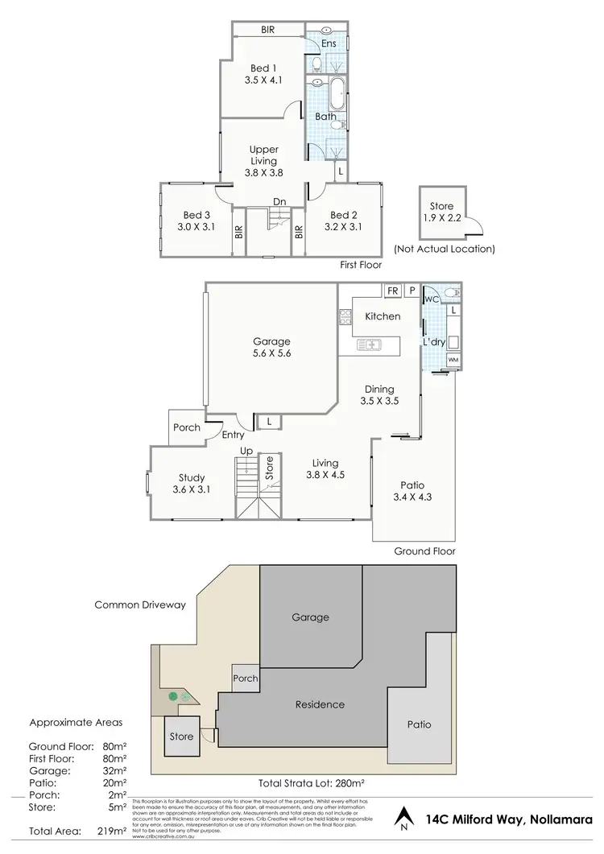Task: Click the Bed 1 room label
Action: [x=264, y=68]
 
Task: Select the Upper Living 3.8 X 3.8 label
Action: [x=264, y=161]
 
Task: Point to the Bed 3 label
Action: [x=197, y=215]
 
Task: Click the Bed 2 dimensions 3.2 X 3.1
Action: [x=343, y=227]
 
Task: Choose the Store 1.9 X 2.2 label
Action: [x=441, y=212]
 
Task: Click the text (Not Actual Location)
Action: [x=444, y=249]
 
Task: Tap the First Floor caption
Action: [x=360, y=264]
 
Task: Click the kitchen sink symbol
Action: [x=374, y=346]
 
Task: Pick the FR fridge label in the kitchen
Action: [x=392, y=291]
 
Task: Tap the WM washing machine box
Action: [x=453, y=359]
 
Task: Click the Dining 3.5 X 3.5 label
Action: [x=379, y=394]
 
